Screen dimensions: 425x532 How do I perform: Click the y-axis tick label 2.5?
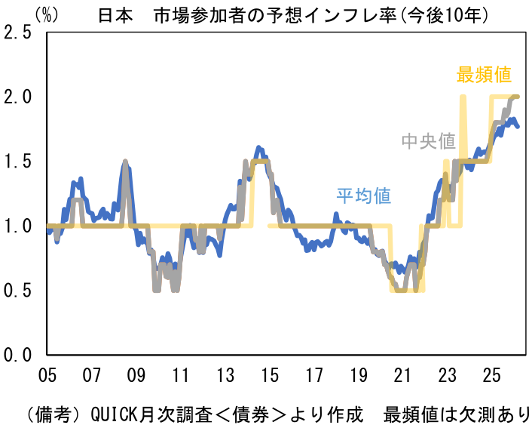(18, 33)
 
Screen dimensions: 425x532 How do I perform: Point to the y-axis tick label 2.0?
(18, 97)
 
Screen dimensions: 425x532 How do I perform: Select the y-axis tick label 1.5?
(18, 162)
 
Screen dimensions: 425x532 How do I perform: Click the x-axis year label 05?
(48, 375)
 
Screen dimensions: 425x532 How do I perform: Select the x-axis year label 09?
(136, 375)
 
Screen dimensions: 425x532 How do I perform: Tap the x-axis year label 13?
(225, 375)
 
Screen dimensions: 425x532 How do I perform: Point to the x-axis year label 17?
(314, 375)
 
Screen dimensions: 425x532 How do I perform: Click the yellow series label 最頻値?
(484, 75)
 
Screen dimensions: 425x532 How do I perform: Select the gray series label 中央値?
(428, 141)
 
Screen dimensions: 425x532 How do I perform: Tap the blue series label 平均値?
(363, 196)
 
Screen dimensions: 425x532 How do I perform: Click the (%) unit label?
(47, 14)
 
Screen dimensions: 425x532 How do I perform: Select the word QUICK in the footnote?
(114, 414)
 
